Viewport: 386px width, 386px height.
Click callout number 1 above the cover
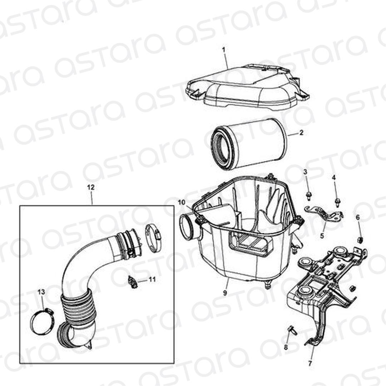(x=224, y=50)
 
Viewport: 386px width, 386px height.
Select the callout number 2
(x=301, y=133)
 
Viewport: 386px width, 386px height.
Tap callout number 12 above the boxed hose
(x=91, y=188)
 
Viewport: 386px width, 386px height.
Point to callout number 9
(x=225, y=293)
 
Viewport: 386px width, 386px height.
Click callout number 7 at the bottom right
(x=310, y=363)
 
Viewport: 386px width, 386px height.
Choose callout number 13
(x=41, y=292)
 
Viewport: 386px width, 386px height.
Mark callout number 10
(x=182, y=202)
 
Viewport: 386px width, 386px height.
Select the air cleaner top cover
(x=247, y=86)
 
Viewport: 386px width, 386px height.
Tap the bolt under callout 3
(x=308, y=196)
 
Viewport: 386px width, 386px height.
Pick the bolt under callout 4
(x=337, y=202)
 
